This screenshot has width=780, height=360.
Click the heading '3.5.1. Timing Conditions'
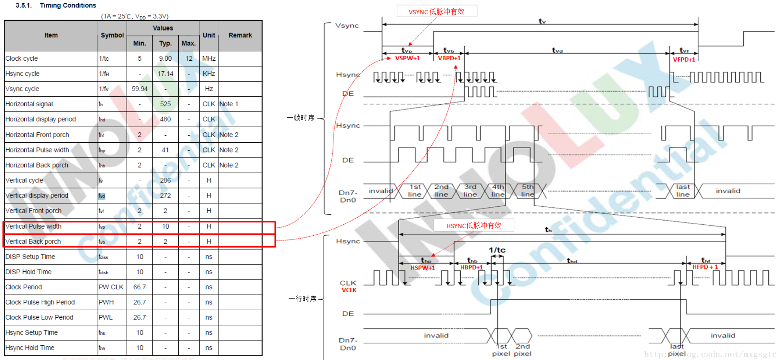pyautogui.click(x=56, y=5)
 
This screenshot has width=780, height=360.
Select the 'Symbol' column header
pyautogui.click(x=112, y=36)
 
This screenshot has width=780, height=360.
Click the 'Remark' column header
pyautogui.click(x=240, y=36)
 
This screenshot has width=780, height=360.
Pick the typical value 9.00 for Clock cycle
pyautogui.click(x=165, y=59)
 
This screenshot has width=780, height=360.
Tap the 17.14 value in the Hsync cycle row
pyautogui.click(x=165, y=74)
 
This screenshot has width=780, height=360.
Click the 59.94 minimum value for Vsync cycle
pyautogui.click(x=140, y=89)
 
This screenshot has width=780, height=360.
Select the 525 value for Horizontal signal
pyautogui.click(x=165, y=104)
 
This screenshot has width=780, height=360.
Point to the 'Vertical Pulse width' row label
pyautogui.click(x=33, y=226)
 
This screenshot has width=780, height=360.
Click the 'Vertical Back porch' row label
pyautogui.click(x=33, y=242)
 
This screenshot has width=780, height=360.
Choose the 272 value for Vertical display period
pyautogui.click(x=165, y=195)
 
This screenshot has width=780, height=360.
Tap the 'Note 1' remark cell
pyautogui.click(x=228, y=104)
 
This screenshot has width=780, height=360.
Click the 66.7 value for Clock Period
pyautogui.click(x=140, y=287)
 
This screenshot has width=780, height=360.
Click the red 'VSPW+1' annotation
pyautogui.click(x=407, y=58)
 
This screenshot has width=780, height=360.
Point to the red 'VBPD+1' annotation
pyautogui.click(x=449, y=58)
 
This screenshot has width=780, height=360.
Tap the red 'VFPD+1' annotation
pyautogui.click(x=684, y=60)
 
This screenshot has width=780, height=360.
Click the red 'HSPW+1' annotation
pyautogui.click(x=422, y=268)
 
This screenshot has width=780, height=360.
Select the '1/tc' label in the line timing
pyautogui.click(x=497, y=250)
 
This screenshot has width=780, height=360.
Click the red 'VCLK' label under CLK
pyautogui.click(x=349, y=290)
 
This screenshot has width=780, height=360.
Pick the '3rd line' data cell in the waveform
pyautogui.click(x=470, y=191)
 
